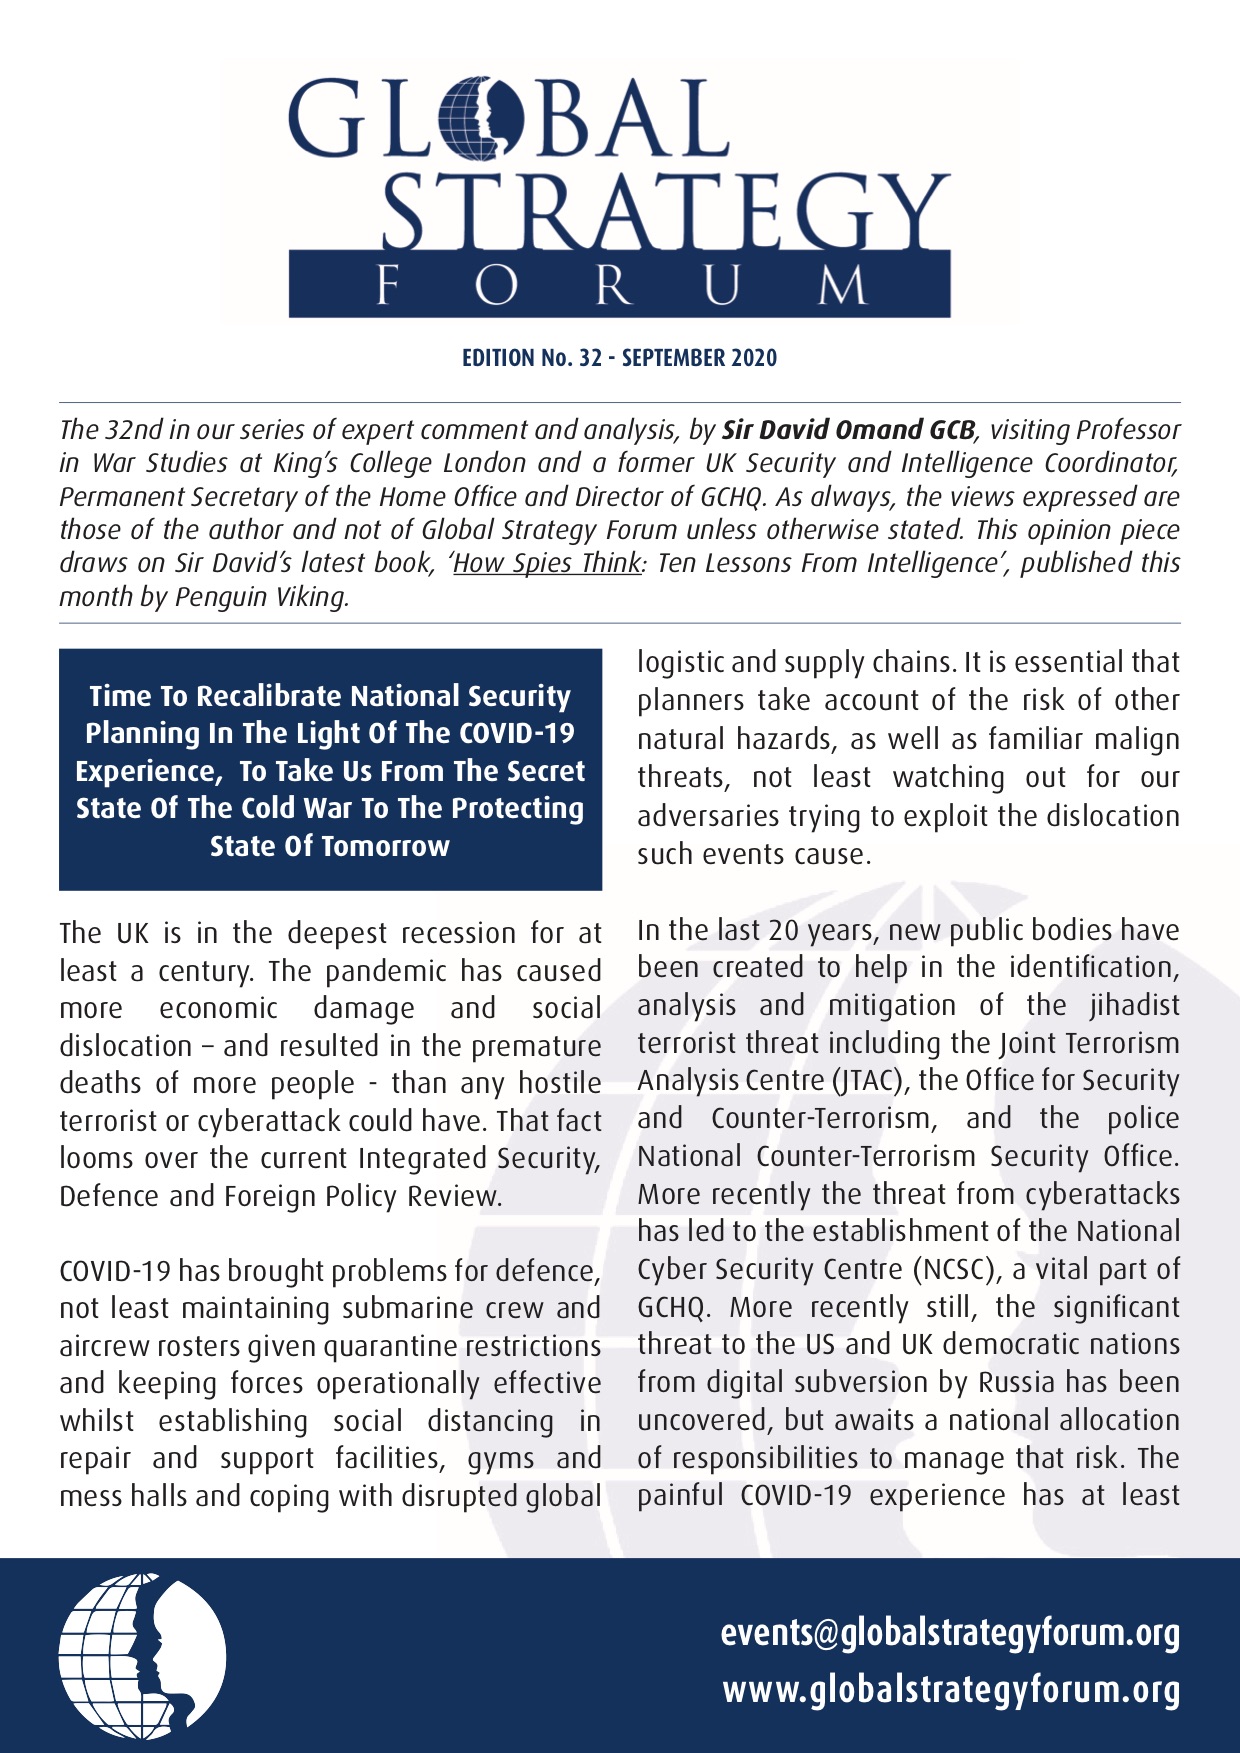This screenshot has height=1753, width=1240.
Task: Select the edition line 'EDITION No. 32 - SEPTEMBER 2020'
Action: click(x=619, y=358)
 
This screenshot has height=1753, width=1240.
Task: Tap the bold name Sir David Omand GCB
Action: click(x=848, y=430)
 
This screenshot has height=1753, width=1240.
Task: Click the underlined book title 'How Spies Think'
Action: click(x=547, y=563)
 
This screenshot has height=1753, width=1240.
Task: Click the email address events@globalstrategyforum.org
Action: click(x=950, y=1633)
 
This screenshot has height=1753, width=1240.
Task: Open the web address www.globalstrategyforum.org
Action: click(x=951, y=1690)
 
